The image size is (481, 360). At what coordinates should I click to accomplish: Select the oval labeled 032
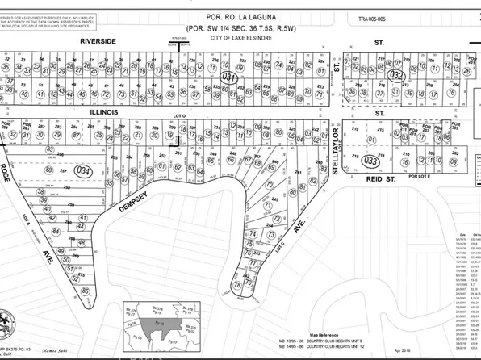point(395,73)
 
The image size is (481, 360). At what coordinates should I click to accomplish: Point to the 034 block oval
point(81,171)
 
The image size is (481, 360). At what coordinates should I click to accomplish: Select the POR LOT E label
point(420,175)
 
